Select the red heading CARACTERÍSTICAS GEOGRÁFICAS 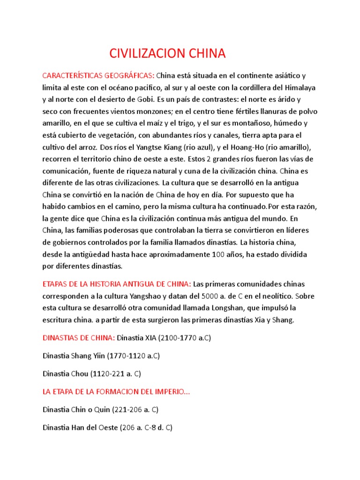click(x=98, y=75)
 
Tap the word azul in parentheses click(x=208, y=147)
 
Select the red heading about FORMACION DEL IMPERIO click(x=117, y=392)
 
